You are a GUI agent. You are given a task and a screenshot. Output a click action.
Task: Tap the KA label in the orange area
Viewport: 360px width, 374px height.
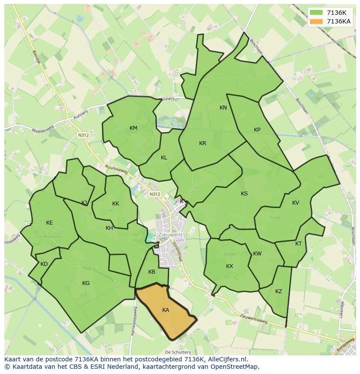point(166,310)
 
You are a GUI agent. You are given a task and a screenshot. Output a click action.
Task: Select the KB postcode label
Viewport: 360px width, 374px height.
point(152,272)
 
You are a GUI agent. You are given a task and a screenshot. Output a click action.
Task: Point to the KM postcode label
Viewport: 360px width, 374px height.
point(133,128)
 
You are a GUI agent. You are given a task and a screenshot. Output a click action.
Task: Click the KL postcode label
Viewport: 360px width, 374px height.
point(164,158)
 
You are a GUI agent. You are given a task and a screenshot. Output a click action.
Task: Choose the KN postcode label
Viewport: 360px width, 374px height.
point(223,108)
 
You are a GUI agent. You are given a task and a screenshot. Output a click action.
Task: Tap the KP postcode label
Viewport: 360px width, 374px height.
point(257,130)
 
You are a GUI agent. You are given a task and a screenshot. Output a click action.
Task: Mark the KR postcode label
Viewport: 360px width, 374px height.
point(203,143)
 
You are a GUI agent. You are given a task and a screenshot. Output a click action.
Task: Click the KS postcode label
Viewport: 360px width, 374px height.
point(244,194)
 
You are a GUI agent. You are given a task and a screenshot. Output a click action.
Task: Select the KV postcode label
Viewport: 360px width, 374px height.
point(296,203)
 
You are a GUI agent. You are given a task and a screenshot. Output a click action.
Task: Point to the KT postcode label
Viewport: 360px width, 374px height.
point(298,244)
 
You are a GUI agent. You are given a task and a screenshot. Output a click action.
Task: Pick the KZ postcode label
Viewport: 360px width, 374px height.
point(279,291)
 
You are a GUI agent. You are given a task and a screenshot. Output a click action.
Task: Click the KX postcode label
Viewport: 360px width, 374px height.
point(230,266)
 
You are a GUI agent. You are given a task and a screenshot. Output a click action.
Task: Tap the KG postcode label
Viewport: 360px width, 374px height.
point(86,283)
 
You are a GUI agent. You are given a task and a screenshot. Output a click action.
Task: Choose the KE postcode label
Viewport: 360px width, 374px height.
point(50,223)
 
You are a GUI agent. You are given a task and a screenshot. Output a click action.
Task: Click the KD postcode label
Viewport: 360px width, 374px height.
point(44,264)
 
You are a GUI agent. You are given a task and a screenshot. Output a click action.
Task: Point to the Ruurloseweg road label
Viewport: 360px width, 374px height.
point(116,169)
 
